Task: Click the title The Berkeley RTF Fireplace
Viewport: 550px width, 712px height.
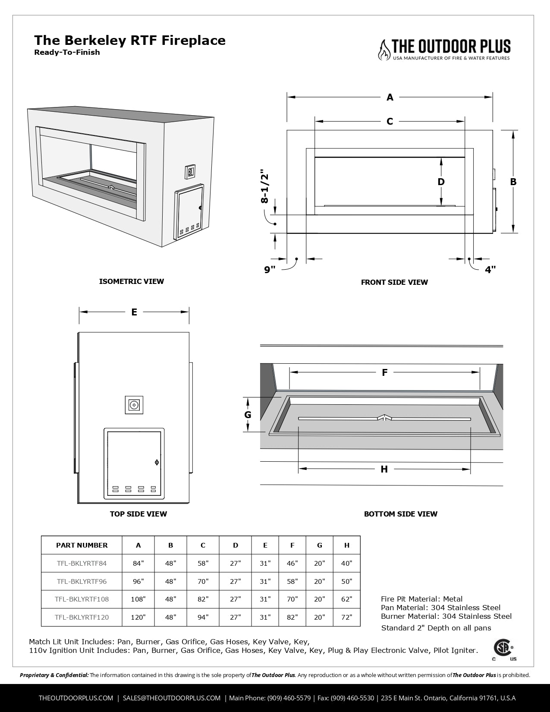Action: (129, 41)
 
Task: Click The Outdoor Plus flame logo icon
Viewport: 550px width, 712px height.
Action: (384, 50)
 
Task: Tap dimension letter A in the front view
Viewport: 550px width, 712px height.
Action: (390, 98)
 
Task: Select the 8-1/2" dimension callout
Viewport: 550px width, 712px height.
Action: (264, 186)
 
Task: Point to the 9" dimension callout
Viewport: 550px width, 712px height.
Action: (270, 270)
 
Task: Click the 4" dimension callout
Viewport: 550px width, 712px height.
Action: (490, 270)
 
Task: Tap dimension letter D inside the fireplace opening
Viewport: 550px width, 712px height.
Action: (441, 182)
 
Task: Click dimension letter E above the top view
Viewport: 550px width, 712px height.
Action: (134, 312)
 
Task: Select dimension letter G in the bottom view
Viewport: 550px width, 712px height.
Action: (248, 415)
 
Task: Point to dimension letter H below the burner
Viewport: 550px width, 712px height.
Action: (384, 469)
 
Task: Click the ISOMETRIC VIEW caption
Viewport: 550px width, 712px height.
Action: (132, 281)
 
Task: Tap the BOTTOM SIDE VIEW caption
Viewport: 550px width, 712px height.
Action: (400, 514)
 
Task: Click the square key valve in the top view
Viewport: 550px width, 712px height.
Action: (134, 405)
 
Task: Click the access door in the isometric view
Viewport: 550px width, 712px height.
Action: (189, 213)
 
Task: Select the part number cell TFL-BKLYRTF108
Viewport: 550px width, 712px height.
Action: (82, 599)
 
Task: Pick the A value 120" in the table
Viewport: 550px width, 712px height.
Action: (138, 617)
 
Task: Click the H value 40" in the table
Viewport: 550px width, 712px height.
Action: (346, 563)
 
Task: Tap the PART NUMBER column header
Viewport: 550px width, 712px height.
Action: (82, 545)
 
